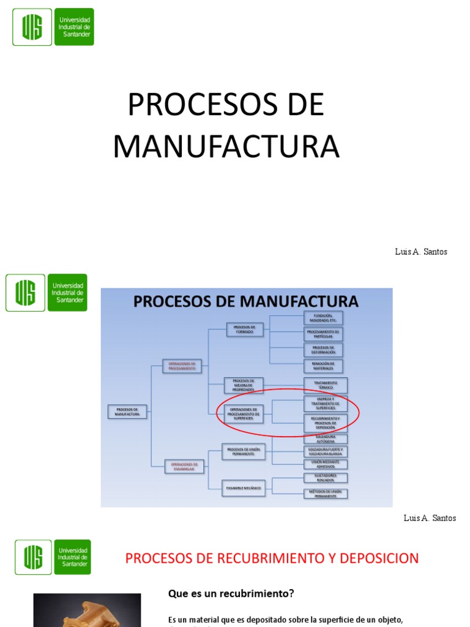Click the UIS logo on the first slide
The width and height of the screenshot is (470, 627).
53,27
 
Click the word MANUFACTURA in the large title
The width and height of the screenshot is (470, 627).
226,146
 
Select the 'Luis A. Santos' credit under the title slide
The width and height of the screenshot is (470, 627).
421,252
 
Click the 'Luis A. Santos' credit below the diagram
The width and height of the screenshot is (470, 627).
430,518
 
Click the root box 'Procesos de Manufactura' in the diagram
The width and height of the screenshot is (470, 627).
127,411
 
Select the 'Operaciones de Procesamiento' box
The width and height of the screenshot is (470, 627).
182,366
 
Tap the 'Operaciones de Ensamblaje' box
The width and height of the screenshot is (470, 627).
184,466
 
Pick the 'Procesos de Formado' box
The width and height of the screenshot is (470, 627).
245,329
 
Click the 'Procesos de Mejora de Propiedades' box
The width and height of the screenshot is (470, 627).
244,385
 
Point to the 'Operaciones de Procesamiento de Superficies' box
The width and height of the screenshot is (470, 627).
244,414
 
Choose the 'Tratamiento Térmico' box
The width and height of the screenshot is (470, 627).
326,385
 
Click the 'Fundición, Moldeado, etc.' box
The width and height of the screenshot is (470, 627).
324,318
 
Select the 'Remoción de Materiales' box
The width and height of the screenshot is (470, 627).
324,366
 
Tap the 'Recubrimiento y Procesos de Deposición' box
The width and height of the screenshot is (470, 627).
326,422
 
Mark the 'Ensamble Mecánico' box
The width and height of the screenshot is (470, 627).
244,488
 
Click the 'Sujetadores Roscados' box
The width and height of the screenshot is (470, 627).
326,478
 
